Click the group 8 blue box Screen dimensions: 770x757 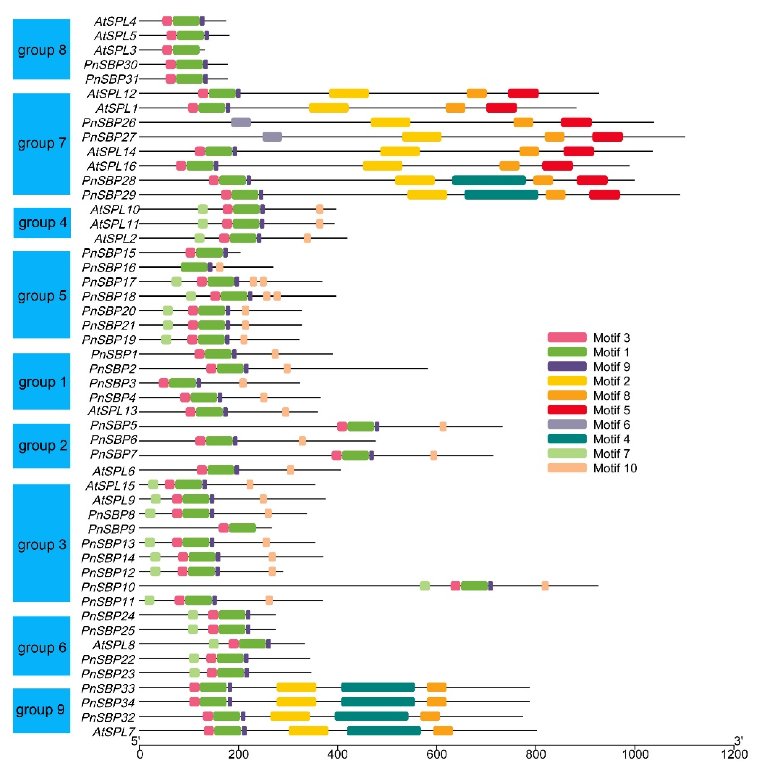click(41, 49)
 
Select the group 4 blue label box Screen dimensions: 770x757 click(42, 223)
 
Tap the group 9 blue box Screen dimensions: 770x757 click(41, 710)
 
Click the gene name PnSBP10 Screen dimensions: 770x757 click(108, 587)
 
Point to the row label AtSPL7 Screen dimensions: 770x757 click(114, 731)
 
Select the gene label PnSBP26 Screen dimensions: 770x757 click(109, 123)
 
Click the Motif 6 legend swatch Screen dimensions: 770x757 click(567, 424)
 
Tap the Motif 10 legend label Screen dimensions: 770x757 click(615, 468)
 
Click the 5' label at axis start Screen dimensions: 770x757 click(136, 740)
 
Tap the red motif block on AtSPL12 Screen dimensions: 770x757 click(523, 94)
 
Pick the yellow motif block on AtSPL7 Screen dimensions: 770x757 click(308, 731)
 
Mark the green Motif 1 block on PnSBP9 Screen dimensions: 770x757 click(242, 528)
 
